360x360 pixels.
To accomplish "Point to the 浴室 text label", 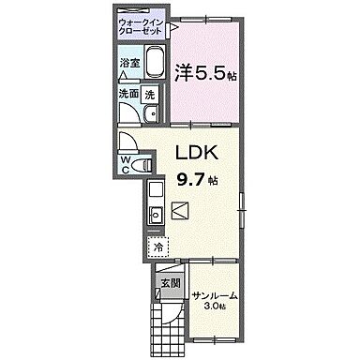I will click(129, 65).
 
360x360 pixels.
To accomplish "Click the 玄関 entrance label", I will click(169, 282).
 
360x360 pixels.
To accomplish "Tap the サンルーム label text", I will click(215, 296).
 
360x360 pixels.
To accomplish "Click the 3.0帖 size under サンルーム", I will click(215, 308).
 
